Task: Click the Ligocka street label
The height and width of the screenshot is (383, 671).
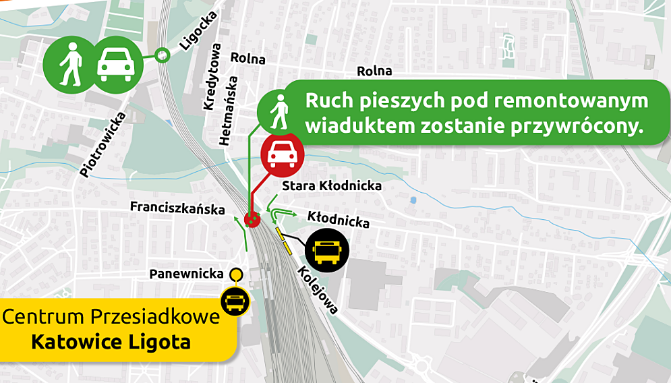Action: coord(198,32)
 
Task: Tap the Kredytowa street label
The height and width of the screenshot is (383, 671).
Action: coord(212,77)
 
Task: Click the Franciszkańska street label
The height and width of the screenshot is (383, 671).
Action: coord(177,208)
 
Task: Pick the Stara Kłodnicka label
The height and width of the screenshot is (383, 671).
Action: coord(332,185)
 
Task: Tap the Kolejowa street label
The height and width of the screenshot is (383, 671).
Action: coord(317,289)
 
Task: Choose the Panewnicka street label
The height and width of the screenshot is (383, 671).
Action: coord(186,274)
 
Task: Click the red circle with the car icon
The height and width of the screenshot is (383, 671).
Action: coord(282,154)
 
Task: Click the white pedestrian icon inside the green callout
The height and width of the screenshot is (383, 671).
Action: coord(278,112)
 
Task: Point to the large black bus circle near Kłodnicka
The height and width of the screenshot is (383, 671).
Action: coord(328,250)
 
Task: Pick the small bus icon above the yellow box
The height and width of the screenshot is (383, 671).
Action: coord(235,301)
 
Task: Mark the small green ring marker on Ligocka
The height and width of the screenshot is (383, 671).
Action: coord(162,56)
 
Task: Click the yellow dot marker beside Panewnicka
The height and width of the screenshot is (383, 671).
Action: coord(235,274)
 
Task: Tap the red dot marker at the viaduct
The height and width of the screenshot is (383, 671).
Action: coord(252,219)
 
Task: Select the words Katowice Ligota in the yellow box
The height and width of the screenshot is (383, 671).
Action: coord(111,342)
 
